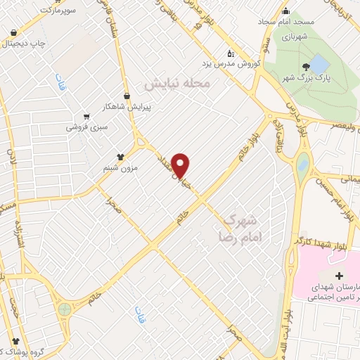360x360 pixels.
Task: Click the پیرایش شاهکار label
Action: (147, 107)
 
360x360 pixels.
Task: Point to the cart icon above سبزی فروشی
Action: (86, 116)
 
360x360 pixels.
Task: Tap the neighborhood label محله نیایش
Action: (177, 83)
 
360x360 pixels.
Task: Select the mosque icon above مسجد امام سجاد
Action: (285, 11)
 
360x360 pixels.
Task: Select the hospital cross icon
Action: (340, 274)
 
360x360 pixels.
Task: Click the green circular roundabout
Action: (65, 308)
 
